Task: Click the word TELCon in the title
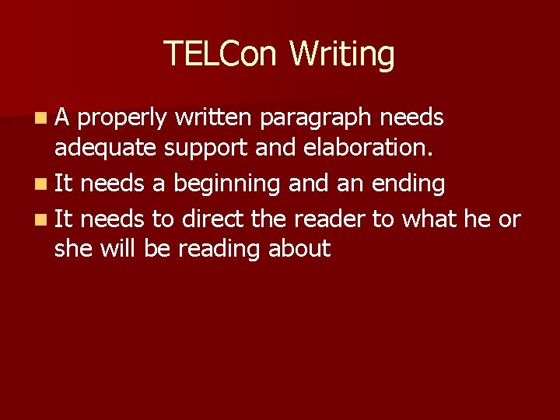tap(221, 54)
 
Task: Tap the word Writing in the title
tap(342, 54)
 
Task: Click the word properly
tap(123, 118)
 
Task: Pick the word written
tap(215, 117)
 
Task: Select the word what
tap(429, 219)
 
